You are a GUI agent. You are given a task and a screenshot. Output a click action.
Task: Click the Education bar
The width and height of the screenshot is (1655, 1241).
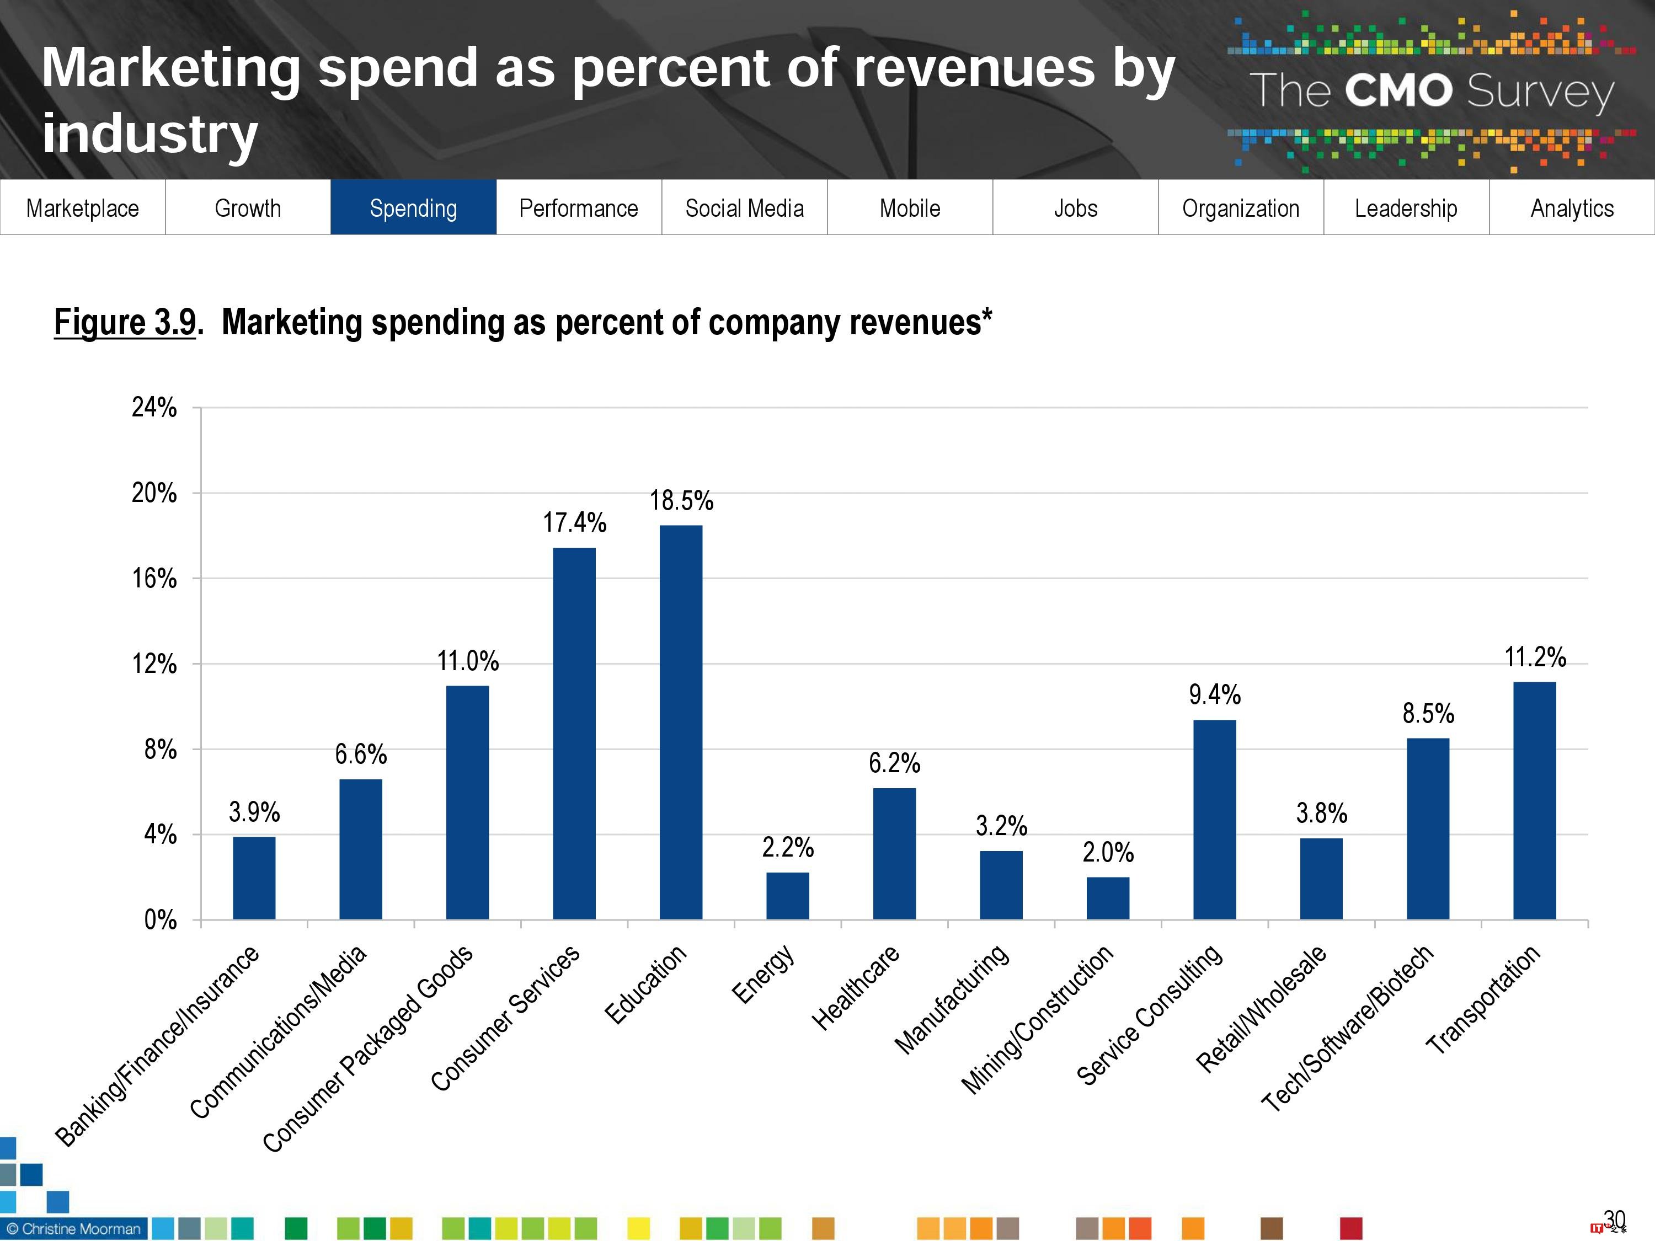click(x=681, y=722)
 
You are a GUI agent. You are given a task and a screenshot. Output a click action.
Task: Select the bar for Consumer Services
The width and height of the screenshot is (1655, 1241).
click(x=574, y=733)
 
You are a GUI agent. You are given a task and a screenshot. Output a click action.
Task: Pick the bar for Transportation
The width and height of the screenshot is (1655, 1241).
click(x=1535, y=800)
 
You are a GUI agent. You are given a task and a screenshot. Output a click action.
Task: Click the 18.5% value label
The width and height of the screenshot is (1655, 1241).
click(x=681, y=500)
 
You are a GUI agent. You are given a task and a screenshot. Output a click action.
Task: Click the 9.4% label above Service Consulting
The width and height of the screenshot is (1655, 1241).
click(x=1214, y=695)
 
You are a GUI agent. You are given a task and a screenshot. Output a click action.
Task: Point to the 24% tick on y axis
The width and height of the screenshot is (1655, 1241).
click(x=154, y=408)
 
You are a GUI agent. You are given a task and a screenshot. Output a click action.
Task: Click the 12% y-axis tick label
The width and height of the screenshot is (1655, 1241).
click(x=154, y=664)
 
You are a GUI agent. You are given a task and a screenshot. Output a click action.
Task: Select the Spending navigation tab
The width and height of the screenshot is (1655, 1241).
click(x=413, y=207)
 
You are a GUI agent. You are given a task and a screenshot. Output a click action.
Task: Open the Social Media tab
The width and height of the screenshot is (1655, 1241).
click(x=744, y=207)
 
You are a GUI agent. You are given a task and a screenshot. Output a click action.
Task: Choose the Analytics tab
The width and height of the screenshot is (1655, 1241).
click(x=1572, y=207)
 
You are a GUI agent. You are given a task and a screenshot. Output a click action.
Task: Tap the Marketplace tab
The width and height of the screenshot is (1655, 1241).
click(x=82, y=207)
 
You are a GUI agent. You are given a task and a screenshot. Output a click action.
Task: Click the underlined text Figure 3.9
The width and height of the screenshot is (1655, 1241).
click(x=125, y=323)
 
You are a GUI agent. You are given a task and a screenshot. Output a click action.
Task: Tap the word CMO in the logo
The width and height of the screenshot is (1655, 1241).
click(x=1397, y=91)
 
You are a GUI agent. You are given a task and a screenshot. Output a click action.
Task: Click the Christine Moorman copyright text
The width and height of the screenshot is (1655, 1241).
click(x=73, y=1229)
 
